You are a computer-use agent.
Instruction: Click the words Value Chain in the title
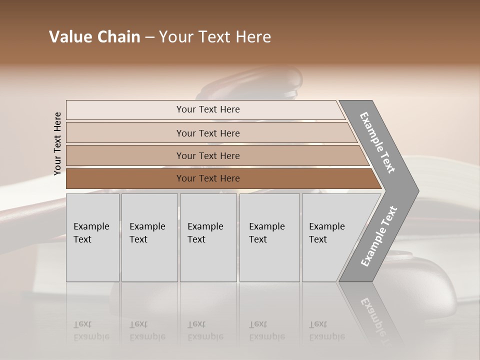coord(94,37)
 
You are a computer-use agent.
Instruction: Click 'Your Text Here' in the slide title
coord(215,37)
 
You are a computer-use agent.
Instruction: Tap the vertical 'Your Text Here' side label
coord(57,143)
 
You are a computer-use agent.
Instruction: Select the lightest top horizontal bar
coord(125,110)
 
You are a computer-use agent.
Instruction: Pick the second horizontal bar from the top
coord(125,133)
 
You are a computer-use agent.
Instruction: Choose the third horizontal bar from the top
coord(125,155)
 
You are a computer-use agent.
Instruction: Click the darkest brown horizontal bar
coord(125,178)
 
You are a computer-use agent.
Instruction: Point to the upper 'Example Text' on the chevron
coord(377,142)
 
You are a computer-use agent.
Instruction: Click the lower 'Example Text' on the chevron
coord(379,236)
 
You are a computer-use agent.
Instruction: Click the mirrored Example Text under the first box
coord(91,330)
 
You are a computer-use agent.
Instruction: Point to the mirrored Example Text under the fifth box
coord(326,330)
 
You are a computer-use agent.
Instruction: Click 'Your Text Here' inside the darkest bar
coord(208,178)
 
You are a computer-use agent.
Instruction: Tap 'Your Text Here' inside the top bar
coord(208,109)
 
